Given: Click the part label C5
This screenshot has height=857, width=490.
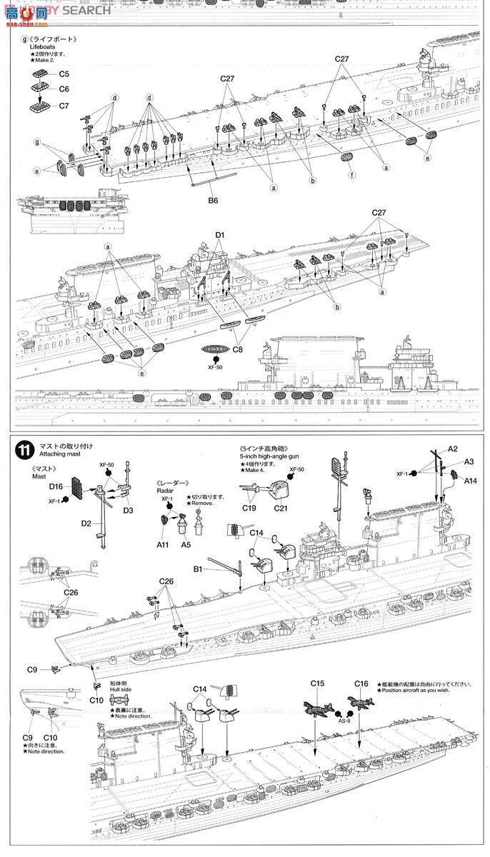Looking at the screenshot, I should (x=64, y=74).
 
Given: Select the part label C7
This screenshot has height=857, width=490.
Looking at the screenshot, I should (x=64, y=106).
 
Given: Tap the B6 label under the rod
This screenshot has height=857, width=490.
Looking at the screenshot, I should (x=213, y=201).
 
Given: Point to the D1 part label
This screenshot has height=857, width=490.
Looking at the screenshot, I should (x=219, y=235).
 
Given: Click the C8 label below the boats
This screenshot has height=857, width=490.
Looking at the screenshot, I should (x=237, y=350).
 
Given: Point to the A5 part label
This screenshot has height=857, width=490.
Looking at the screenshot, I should (x=186, y=544).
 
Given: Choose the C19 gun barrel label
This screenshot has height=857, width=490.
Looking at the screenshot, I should (x=249, y=508).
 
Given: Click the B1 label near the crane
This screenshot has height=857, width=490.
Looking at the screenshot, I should (x=198, y=569).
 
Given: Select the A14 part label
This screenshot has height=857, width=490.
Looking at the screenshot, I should (x=470, y=481).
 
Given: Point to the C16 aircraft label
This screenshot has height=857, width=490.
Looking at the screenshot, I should (x=361, y=683).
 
